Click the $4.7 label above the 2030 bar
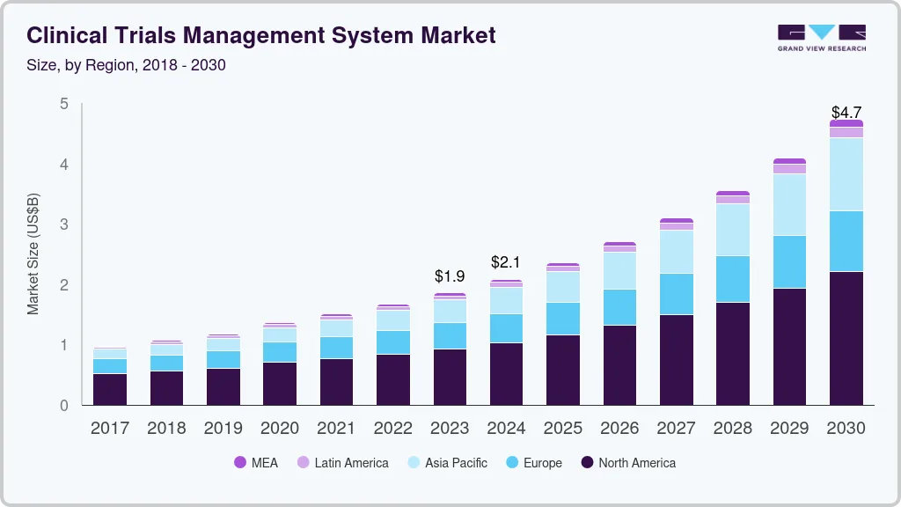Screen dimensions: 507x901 pos(846,113)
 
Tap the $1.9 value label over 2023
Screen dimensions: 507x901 pos(450,276)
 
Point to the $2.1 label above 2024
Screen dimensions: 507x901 pos(507,262)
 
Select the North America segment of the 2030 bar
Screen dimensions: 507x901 pos(846,339)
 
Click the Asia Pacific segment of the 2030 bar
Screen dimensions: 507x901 pos(846,174)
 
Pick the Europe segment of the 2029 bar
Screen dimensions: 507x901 pos(789,261)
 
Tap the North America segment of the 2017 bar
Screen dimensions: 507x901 pos(110,389)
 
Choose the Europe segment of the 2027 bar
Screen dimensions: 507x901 pos(677,294)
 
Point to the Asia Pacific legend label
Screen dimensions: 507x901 pos(456,463)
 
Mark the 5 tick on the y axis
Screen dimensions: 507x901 pos(63,104)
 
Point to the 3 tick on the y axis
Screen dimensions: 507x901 pos(63,224)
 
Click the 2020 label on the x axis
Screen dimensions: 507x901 pos(279,429)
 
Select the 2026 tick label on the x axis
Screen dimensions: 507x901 pos(619,429)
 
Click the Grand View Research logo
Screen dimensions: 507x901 pos(821,37)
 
